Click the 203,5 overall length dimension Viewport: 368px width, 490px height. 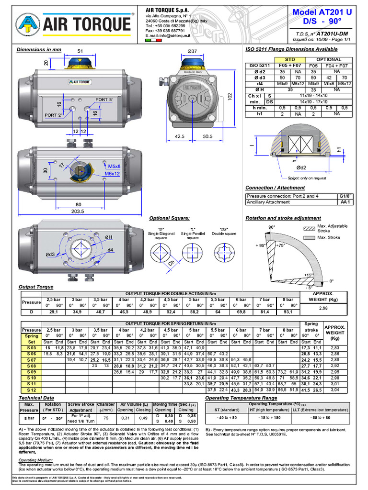point(77,211)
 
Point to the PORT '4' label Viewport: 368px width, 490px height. point(104,100)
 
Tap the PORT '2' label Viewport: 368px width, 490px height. point(54,115)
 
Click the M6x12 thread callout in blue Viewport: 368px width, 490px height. point(112,173)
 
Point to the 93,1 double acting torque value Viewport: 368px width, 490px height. point(288,312)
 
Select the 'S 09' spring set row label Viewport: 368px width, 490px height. point(32,371)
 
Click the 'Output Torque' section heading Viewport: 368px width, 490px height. point(35,287)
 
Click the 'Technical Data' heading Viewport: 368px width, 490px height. point(36,398)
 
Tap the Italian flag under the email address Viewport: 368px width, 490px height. point(154,42)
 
